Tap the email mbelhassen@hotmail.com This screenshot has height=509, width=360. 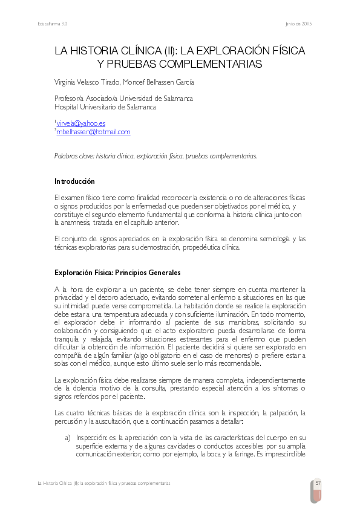(x=93, y=132)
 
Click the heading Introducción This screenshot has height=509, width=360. (x=74, y=181)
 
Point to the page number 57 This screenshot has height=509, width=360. (x=318, y=482)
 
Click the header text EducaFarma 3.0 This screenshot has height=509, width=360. (x=53, y=24)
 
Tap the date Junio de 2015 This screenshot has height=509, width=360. (x=298, y=24)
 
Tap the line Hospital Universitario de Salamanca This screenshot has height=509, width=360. (x=105, y=107)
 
